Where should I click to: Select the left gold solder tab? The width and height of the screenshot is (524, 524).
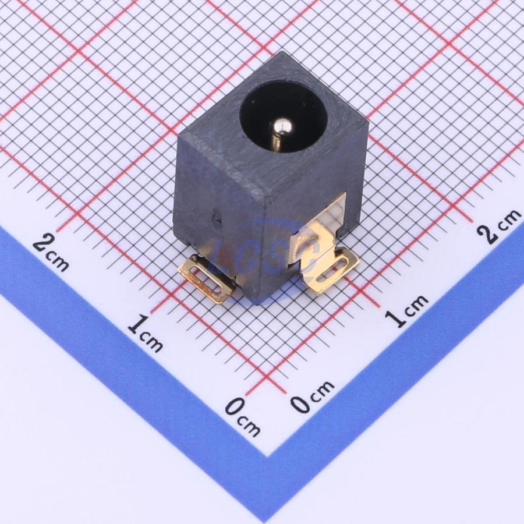point(206,279)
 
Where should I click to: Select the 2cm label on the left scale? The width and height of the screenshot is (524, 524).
point(51,252)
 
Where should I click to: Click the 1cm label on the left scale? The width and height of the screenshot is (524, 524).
point(146,335)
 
